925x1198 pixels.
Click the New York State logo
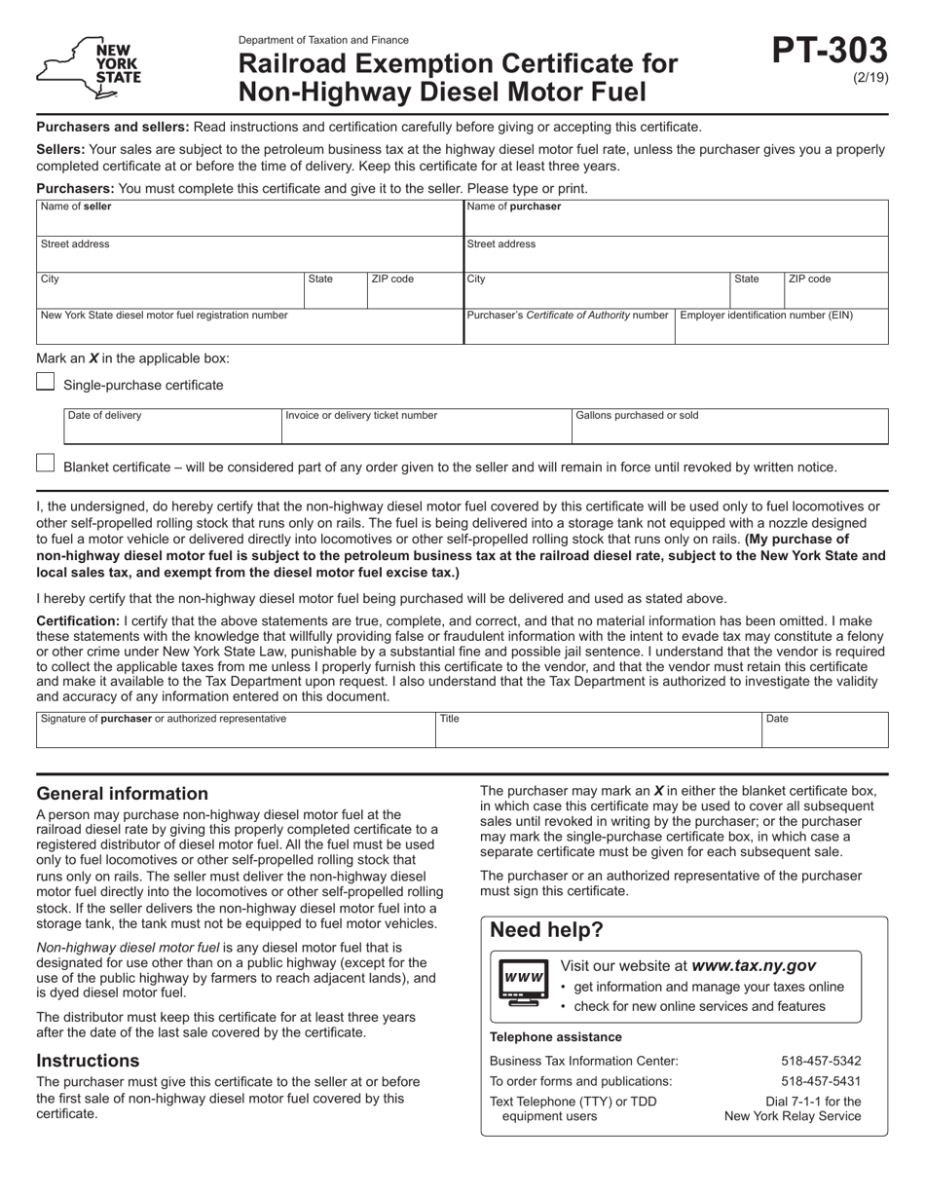(x=89, y=68)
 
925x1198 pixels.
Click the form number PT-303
(x=830, y=51)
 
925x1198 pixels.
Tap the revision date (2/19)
(x=869, y=78)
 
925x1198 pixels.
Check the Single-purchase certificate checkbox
(x=45, y=382)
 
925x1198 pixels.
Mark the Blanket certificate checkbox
(x=45, y=464)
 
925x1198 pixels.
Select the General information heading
(x=122, y=794)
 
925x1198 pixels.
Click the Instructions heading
(x=88, y=1061)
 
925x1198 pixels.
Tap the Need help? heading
(x=546, y=930)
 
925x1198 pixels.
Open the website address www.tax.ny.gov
(x=753, y=966)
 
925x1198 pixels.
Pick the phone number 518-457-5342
(x=821, y=1061)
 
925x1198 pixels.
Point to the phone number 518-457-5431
(x=821, y=1081)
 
